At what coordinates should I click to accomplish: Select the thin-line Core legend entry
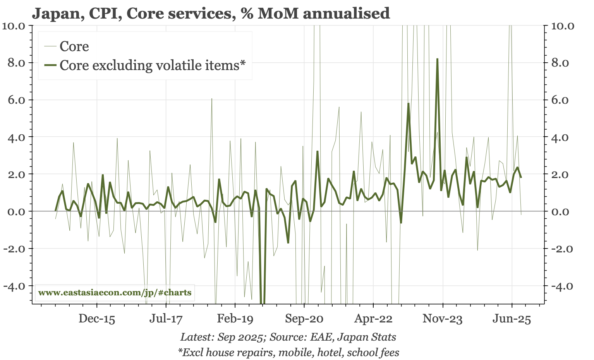tap(74, 46)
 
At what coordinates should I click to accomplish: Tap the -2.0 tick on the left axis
tap(14, 249)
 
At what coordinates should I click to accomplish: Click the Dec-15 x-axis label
tap(97, 319)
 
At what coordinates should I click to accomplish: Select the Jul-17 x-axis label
tap(166, 319)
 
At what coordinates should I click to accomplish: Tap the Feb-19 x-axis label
tap(235, 319)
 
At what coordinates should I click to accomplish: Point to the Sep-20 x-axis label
tap(304, 319)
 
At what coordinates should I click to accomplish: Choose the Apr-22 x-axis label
tap(373, 319)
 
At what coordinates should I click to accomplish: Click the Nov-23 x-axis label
tap(443, 319)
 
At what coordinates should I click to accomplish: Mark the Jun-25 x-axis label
tap(512, 319)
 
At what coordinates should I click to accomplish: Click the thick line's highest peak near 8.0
tap(437, 59)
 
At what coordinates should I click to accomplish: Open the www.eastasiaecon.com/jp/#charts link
tap(115, 292)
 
